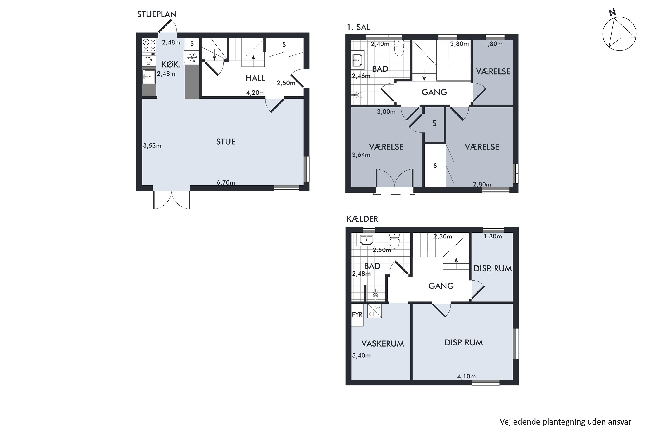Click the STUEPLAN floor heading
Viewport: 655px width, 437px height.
pyautogui.click(x=157, y=14)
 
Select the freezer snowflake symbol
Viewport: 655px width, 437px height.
pyautogui.click(x=192, y=58)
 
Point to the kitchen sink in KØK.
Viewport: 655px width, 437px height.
pyautogui.click(x=149, y=77)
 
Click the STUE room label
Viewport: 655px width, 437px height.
pyautogui.click(x=226, y=142)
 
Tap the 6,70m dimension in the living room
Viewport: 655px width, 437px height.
pyautogui.click(x=226, y=182)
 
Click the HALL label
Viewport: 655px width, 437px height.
pyautogui.click(x=255, y=78)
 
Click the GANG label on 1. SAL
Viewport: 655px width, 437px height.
pyautogui.click(x=434, y=92)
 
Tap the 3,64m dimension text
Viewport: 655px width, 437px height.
pyautogui.click(x=361, y=155)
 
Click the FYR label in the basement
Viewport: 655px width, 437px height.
pyautogui.click(x=357, y=314)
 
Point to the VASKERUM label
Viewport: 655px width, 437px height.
pyautogui.click(x=383, y=344)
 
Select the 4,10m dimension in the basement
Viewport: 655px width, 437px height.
pyautogui.click(x=466, y=376)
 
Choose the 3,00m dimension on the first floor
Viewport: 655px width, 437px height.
pyautogui.click(x=386, y=112)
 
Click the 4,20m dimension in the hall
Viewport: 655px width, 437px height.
pyautogui.click(x=255, y=93)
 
